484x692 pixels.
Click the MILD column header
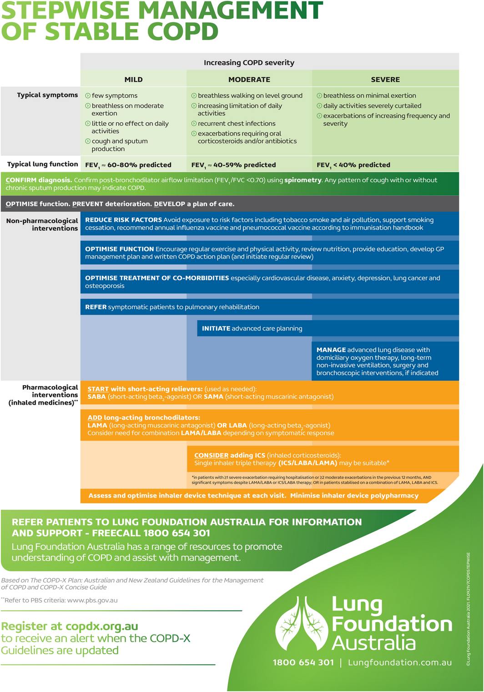[133, 80]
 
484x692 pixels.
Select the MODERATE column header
[249, 80]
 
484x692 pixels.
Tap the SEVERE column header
[385, 80]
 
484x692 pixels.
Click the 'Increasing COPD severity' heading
[249, 63]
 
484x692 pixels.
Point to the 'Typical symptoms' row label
[47, 95]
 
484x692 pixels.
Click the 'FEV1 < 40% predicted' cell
[353, 165]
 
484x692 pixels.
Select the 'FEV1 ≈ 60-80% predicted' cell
[128, 165]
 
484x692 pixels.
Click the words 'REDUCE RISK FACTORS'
[123, 220]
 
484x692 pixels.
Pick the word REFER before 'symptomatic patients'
[96, 307]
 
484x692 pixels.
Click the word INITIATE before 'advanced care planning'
[216, 329]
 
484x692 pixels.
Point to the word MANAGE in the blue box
[331, 350]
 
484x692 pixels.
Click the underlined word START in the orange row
[98, 389]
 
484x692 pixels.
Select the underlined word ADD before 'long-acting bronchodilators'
[95, 418]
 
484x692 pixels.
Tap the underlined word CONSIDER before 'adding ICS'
[211, 456]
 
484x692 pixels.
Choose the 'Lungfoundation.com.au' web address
[400, 662]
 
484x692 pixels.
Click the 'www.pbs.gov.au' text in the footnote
[92, 600]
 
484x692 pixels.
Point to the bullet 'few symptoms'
[114, 95]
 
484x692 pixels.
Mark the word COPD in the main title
[183, 32]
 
